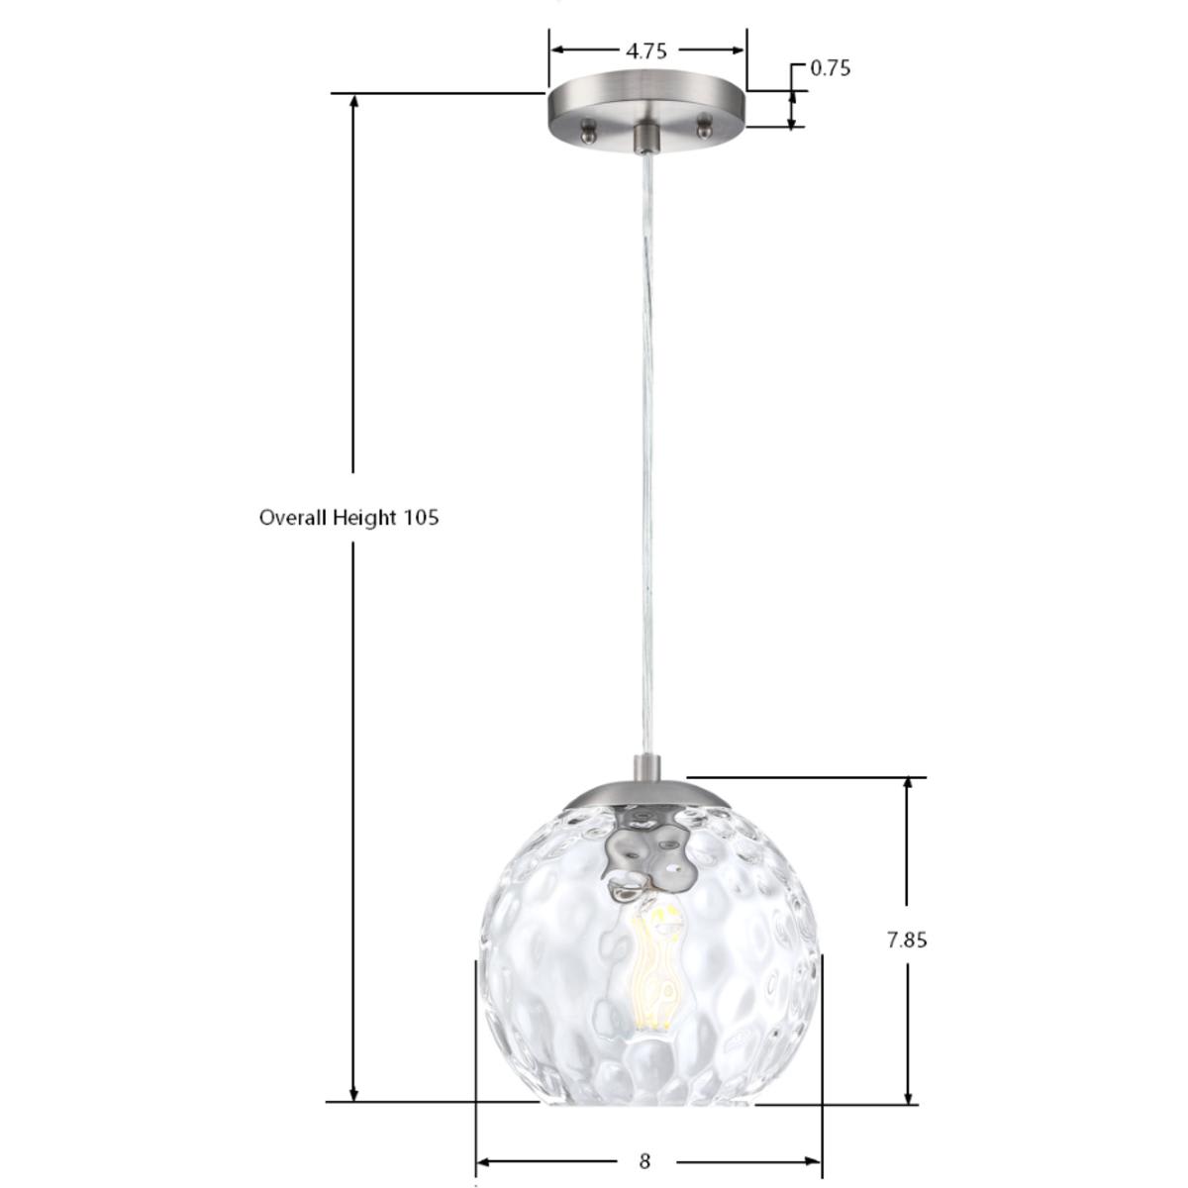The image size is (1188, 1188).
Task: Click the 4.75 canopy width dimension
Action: click(646, 50)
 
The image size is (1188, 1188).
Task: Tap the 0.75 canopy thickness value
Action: click(830, 68)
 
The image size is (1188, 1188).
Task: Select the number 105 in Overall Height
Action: click(421, 517)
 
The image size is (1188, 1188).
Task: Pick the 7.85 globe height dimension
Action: click(907, 940)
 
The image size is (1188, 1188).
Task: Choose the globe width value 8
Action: click(645, 1161)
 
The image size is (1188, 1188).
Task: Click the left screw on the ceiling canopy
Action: click(588, 128)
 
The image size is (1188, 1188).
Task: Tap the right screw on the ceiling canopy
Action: click(705, 126)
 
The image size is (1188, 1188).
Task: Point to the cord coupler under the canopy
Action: click(646, 138)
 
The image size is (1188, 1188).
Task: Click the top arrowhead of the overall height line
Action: click(353, 102)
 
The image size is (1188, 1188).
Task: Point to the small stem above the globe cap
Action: click(647, 768)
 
